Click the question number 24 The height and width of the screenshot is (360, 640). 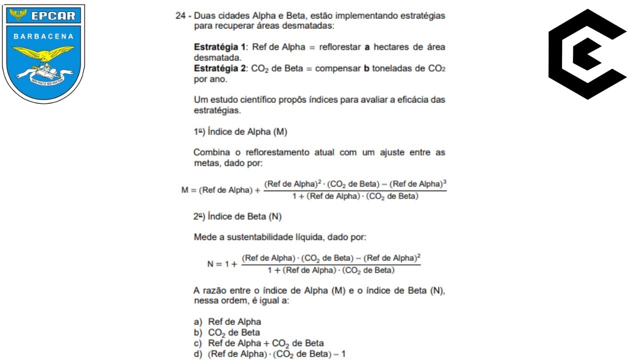coord(180,15)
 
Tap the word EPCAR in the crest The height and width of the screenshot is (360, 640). coord(52,16)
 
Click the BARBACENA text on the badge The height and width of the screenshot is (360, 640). coord(43,36)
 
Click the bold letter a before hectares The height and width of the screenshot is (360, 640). coord(366,47)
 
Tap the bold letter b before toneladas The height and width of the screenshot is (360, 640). coord(366,68)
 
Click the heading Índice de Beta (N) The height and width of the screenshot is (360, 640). coord(238,216)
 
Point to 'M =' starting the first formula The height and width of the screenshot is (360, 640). coord(188,190)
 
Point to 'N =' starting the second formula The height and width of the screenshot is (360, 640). coord(213,264)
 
